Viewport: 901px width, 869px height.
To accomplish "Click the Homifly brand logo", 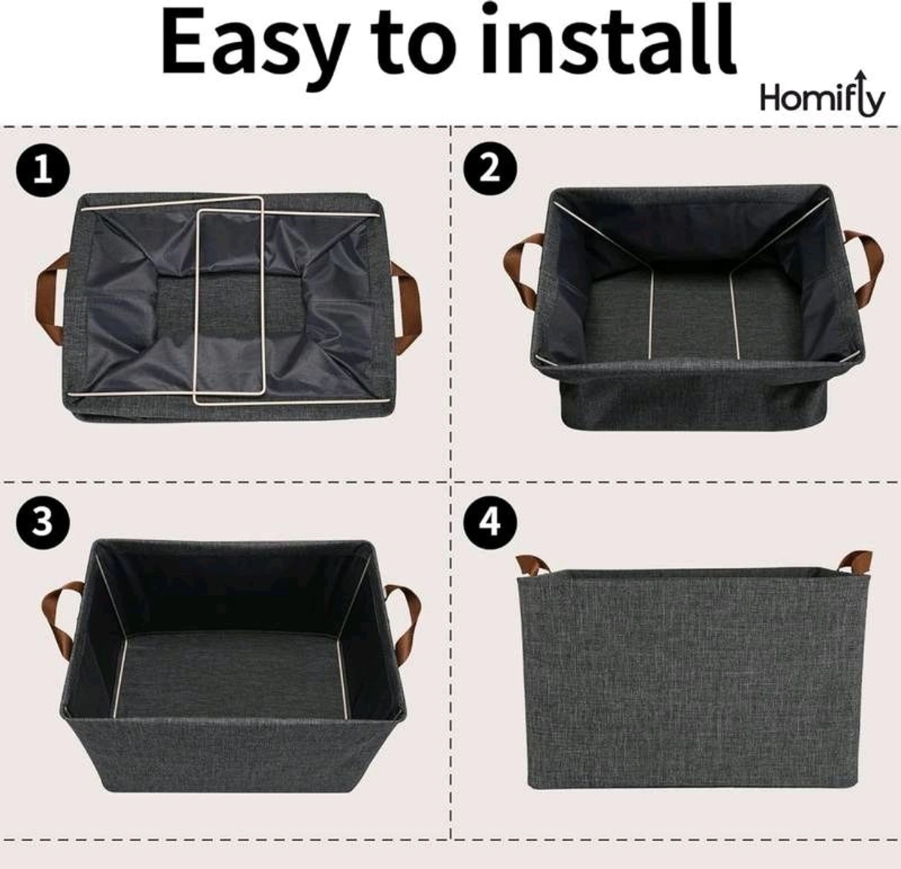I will pos(822,98).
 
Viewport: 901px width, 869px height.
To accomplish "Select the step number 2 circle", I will pos(490,167).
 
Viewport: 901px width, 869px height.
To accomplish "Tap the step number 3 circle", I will pos(42,520).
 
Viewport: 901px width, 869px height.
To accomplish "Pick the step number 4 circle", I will pos(490,520).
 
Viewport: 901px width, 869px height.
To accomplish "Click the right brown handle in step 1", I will pos(407,296).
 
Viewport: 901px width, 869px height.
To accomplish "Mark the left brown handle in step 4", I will pos(532,563).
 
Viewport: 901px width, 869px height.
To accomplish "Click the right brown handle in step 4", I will pos(857,560).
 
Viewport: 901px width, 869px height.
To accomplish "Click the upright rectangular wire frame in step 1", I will pos(229,300).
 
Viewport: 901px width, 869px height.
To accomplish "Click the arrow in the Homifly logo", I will pos(871,90).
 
